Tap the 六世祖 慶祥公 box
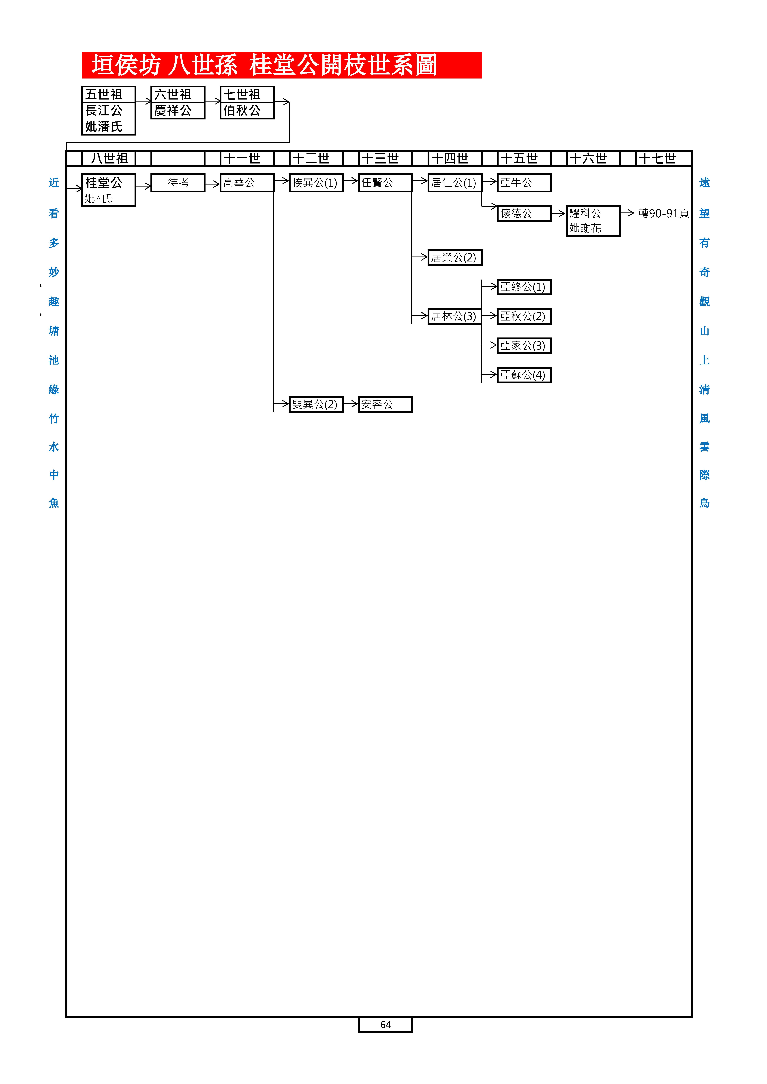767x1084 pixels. tap(178, 102)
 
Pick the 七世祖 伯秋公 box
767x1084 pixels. tap(247, 102)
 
